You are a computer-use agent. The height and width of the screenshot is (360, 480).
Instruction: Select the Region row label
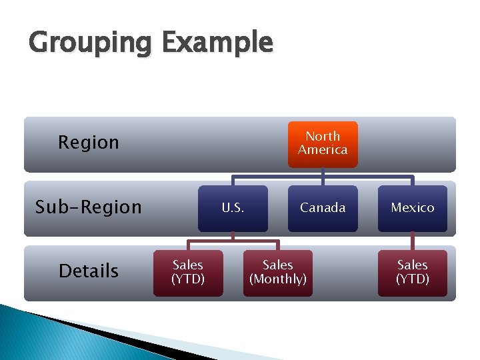(89, 142)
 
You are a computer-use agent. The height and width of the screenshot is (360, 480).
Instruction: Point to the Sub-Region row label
(89, 207)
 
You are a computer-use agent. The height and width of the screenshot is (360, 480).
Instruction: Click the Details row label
(89, 271)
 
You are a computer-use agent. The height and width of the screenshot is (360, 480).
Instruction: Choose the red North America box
(323, 143)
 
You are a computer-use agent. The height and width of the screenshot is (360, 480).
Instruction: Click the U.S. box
(233, 208)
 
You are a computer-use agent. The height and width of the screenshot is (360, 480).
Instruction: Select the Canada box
(323, 208)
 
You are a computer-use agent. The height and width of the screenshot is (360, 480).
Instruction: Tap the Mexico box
(412, 208)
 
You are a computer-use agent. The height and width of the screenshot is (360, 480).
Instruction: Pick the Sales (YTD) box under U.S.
(188, 272)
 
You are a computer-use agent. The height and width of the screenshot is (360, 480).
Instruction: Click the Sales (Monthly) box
(278, 272)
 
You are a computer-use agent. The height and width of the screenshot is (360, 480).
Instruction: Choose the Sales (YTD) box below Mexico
(412, 272)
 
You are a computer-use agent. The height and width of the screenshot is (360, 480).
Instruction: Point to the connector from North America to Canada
(323, 176)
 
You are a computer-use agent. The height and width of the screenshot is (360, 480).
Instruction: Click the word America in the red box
(323, 150)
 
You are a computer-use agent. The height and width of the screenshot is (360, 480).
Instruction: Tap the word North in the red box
(323, 136)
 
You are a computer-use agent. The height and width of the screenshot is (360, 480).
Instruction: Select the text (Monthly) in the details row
(278, 279)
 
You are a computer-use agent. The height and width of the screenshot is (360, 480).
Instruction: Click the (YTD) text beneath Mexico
(412, 279)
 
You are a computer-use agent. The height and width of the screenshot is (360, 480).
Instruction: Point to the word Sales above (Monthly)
(278, 265)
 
